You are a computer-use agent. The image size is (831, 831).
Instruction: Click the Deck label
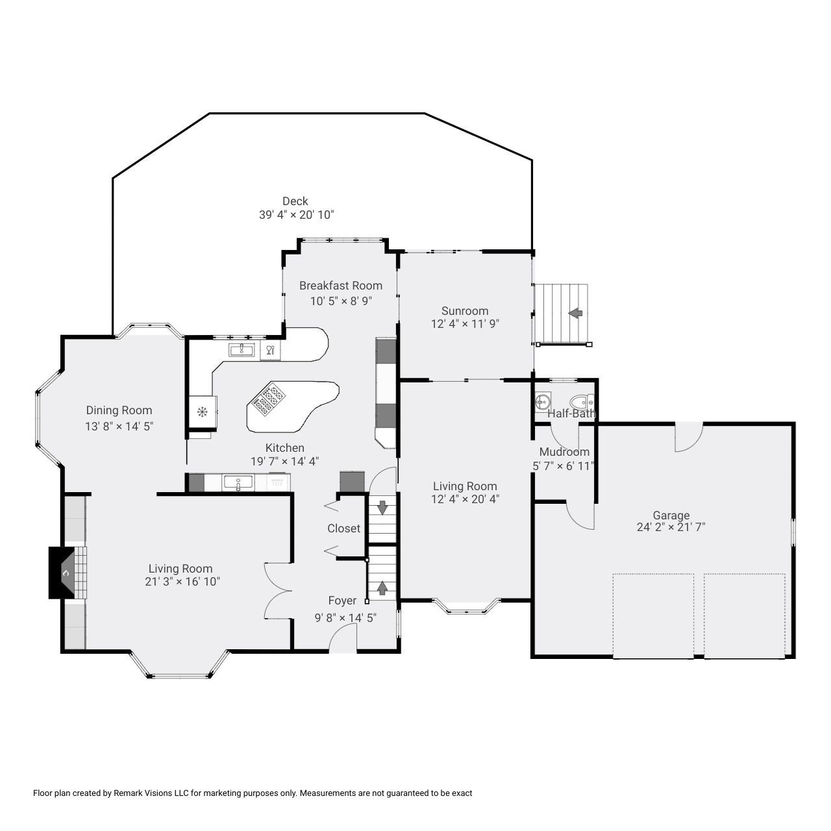295,201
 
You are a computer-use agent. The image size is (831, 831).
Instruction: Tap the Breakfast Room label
341,286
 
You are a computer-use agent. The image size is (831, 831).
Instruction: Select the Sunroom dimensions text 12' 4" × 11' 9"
465,323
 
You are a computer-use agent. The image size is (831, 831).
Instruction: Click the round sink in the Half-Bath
543,401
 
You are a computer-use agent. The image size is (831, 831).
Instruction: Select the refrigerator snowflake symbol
201,412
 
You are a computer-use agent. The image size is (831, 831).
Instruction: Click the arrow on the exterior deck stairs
575,313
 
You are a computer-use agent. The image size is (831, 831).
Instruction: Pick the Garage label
671,515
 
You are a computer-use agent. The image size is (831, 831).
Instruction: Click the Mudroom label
564,451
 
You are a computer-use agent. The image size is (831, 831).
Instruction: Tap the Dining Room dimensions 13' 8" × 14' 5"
119,426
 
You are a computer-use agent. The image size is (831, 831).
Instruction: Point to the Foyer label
342,601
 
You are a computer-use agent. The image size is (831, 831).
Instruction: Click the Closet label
343,528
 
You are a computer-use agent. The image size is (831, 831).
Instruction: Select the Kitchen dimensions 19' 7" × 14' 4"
284,462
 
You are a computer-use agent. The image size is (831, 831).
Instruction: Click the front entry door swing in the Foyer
343,638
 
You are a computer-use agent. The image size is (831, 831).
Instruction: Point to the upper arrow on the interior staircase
382,507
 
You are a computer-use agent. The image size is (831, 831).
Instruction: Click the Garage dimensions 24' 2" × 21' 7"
671,527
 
